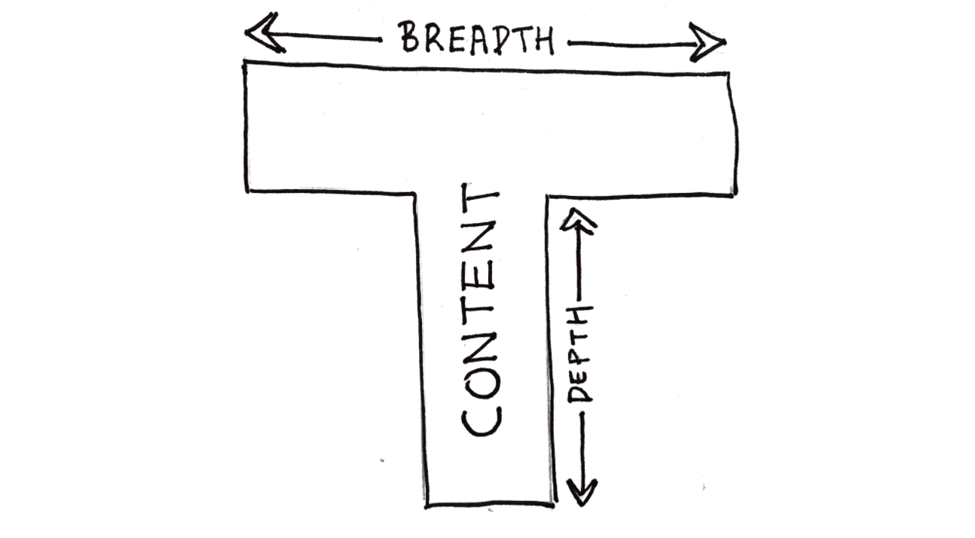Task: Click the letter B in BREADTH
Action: pyautogui.click(x=410, y=37)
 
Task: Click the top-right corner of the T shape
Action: pyautogui.click(x=729, y=74)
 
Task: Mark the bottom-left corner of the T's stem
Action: pyautogui.click(x=426, y=505)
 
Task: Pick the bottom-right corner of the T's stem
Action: pyautogui.click(x=552, y=503)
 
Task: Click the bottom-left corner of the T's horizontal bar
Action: pyautogui.click(x=247, y=190)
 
